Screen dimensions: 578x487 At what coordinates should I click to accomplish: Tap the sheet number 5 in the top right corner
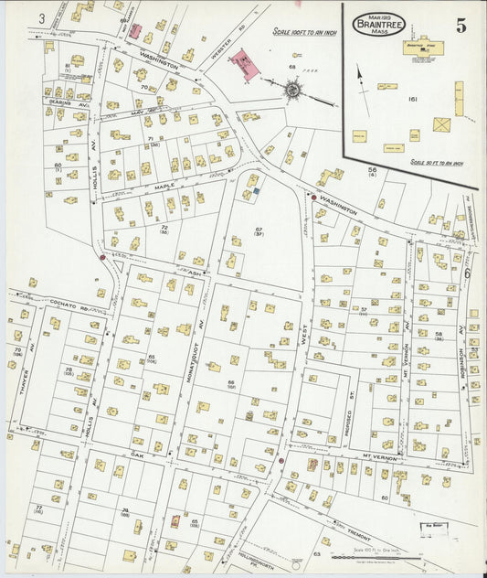pos(461,26)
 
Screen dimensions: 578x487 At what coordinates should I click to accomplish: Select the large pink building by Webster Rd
pos(244,64)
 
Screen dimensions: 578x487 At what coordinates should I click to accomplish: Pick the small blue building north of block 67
pos(257,191)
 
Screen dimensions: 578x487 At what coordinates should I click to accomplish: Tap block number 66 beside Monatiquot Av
pos(231,382)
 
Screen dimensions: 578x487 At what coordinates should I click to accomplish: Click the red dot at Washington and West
pos(313,197)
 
